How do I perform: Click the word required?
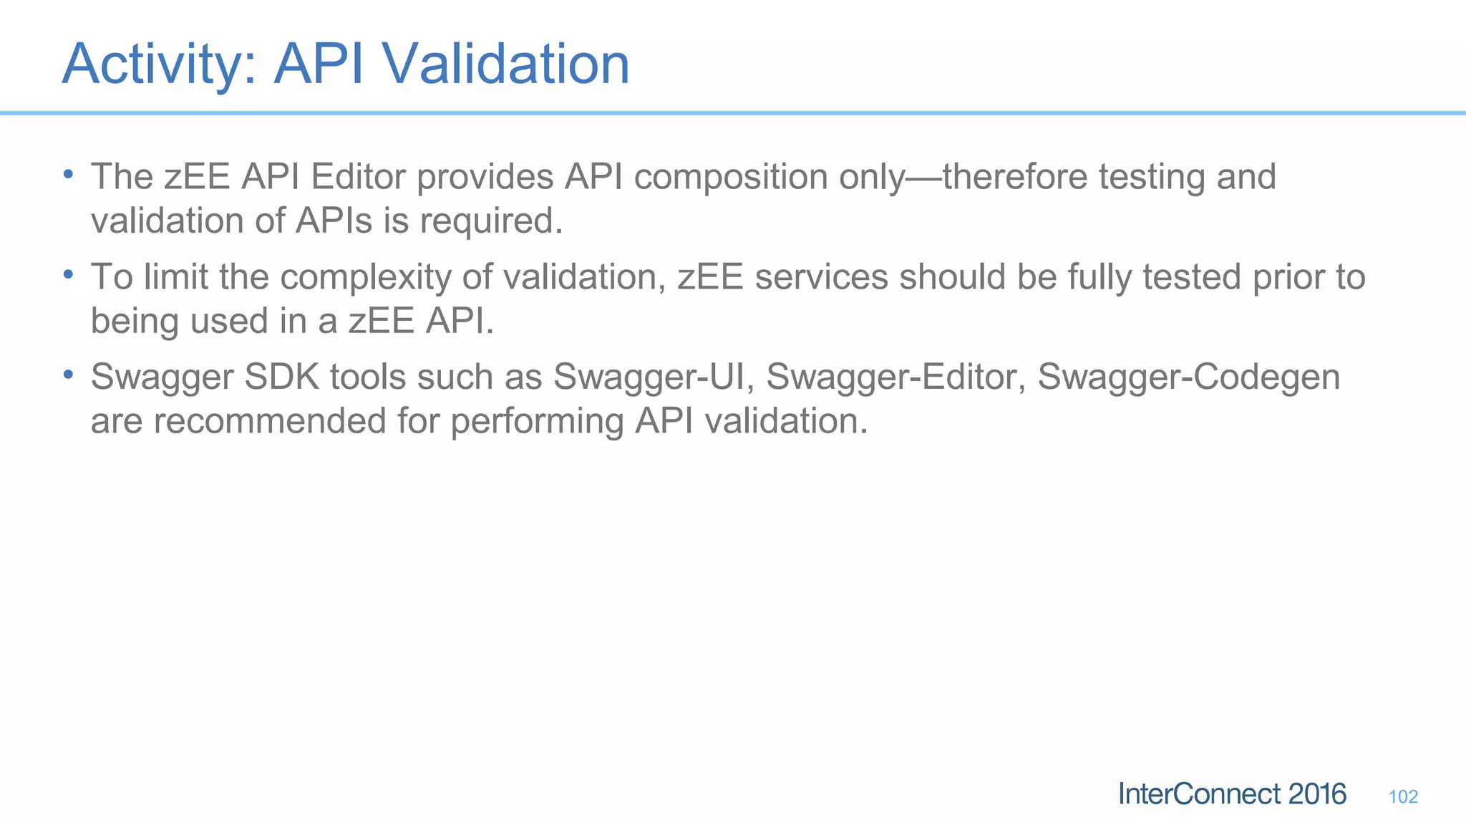tap(491, 221)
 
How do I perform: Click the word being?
tap(135, 322)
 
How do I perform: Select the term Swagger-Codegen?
tap(1188, 377)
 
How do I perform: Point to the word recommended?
tap(270, 420)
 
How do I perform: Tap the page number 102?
tap(1403, 796)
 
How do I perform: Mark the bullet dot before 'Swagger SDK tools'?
tap(68, 375)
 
